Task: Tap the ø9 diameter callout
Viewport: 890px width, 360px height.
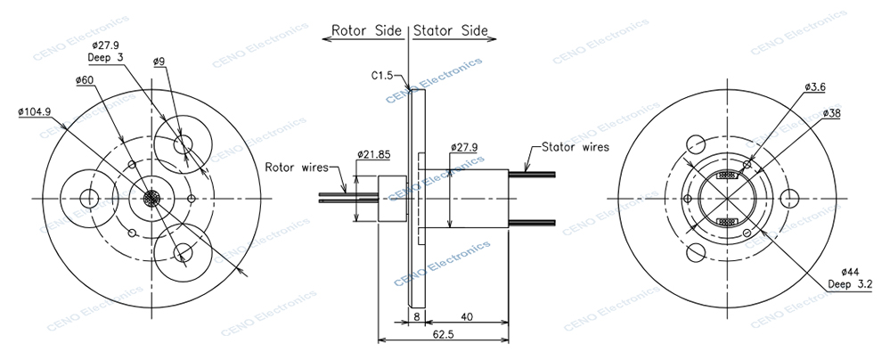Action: (x=159, y=61)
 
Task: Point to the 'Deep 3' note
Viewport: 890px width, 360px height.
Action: (x=105, y=57)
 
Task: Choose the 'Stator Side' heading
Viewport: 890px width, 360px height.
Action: (x=452, y=30)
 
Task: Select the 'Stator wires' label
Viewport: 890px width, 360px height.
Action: (x=570, y=147)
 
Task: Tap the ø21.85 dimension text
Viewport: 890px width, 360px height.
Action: (x=374, y=154)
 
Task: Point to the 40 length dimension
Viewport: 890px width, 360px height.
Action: (x=467, y=316)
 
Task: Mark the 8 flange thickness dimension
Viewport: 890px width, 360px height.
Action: (x=417, y=316)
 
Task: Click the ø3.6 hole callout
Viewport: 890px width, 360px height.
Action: (x=815, y=87)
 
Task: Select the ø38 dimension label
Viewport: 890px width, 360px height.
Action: (x=832, y=113)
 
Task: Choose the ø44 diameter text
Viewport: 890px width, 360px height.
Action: (x=853, y=272)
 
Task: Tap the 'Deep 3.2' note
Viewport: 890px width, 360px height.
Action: (x=853, y=284)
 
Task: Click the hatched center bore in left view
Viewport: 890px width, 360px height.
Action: (x=151, y=198)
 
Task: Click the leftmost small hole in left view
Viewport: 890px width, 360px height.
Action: (x=89, y=198)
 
